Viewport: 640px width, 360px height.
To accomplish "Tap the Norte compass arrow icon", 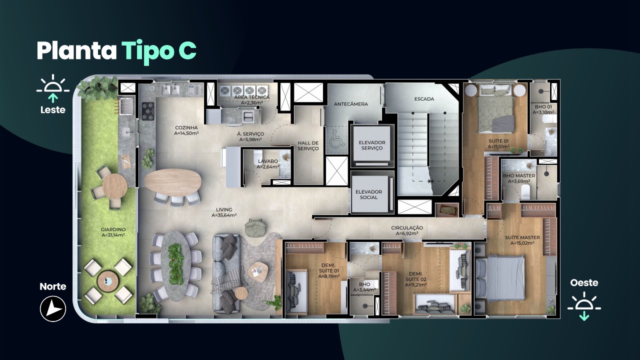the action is (x=53, y=309).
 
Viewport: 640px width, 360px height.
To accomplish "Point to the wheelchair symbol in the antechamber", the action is (x=337, y=139).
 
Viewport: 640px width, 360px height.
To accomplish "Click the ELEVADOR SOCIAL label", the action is (x=368, y=194).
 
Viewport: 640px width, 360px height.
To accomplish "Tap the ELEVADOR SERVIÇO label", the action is (x=371, y=145).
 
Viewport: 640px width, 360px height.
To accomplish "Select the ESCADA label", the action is (x=424, y=99).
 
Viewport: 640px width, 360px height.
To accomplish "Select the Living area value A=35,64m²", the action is (x=224, y=215).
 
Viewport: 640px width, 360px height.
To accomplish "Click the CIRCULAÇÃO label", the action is (x=407, y=227).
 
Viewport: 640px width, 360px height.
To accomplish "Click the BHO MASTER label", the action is (x=519, y=175).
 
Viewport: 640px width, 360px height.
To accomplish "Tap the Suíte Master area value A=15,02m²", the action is (x=522, y=243).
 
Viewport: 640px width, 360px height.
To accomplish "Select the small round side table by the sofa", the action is (x=241, y=293).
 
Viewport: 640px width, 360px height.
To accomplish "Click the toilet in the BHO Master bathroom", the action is (x=526, y=191).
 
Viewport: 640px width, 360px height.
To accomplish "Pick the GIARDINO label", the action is (x=113, y=229).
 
